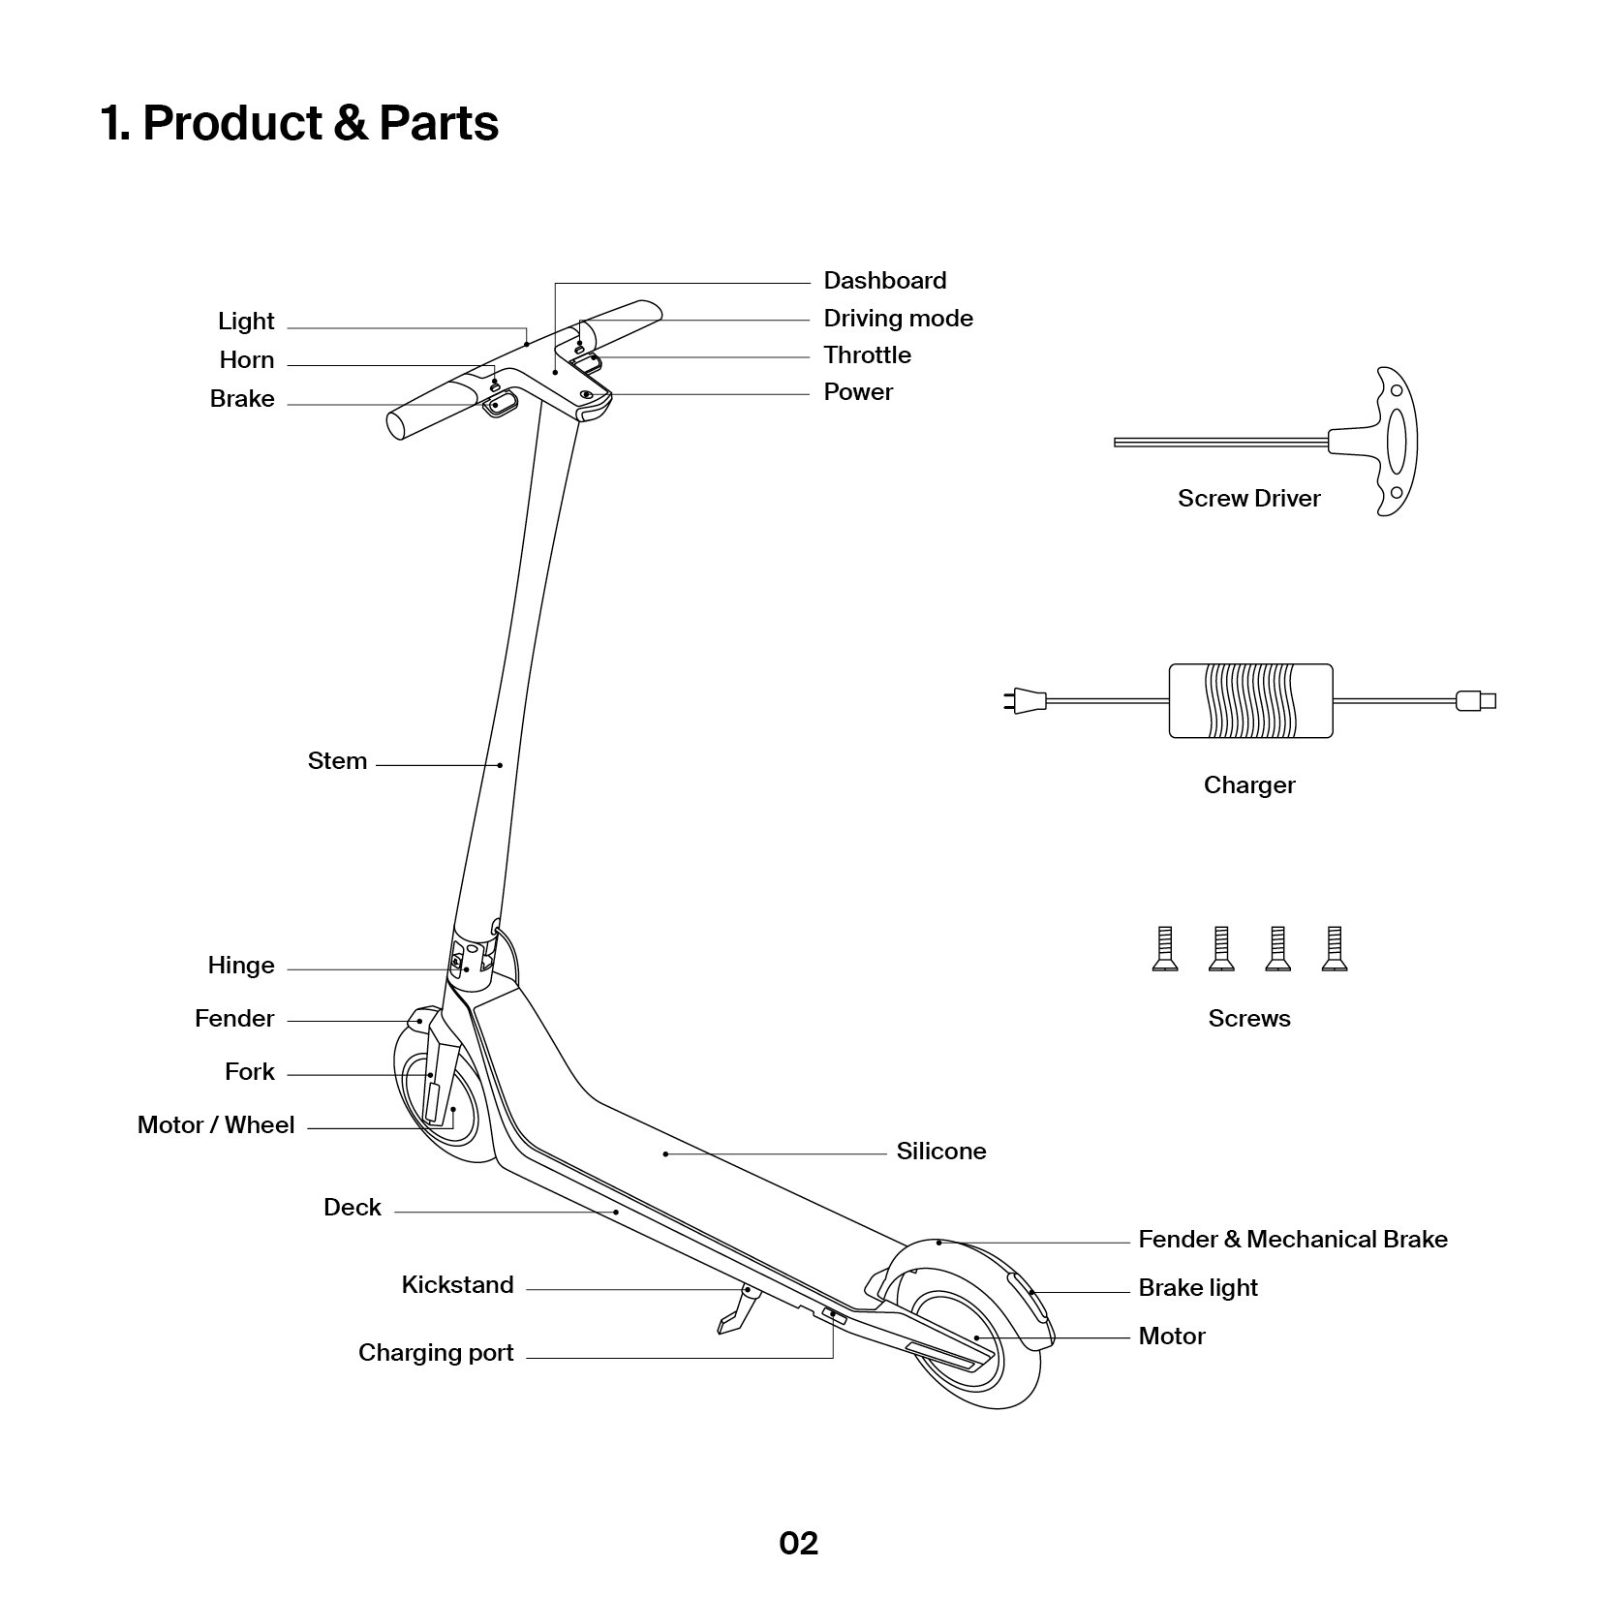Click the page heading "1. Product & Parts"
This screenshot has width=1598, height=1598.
[x=299, y=123]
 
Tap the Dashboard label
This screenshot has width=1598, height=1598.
[x=884, y=281]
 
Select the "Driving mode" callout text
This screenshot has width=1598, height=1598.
[x=898, y=319]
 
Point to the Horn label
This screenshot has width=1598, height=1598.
[x=247, y=360]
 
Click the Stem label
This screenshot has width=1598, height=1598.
[x=337, y=761]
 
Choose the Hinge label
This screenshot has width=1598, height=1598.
[x=241, y=966]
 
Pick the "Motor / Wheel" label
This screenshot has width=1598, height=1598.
[x=216, y=1125]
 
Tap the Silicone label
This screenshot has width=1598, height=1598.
[x=940, y=1152]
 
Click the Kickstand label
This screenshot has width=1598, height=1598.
[x=457, y=1285]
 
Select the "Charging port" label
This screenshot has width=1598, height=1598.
[x=436, y=1353]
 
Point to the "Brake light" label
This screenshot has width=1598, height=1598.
[x=1197, y=1288]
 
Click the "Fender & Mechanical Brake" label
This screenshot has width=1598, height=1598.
[x=1292, y=1240]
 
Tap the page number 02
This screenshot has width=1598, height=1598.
[x=799, y=1543]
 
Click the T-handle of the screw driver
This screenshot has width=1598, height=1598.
[x=1395, y=442]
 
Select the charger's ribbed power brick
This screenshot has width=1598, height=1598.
[x=1250, y=700]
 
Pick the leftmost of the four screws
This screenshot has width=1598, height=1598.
[x=1165, y=949]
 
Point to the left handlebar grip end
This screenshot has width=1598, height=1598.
[x=402, y=424]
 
